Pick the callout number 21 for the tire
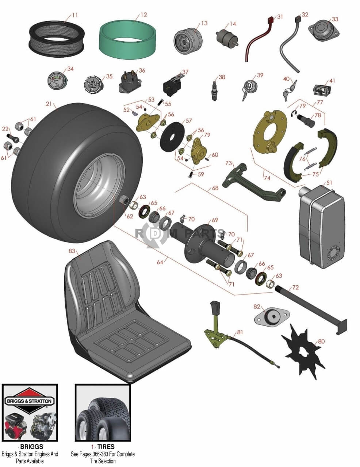[x=49, y=104]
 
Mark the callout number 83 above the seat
[x=72, y=251]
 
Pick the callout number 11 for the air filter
[x=75, y=15]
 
